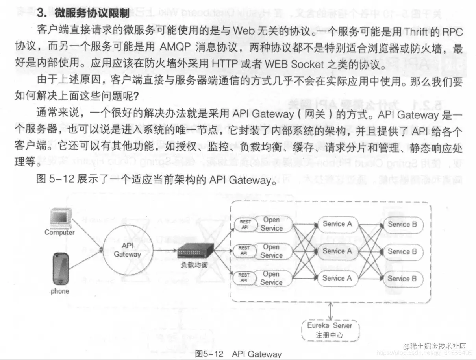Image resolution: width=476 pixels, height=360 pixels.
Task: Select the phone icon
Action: tap(60, 269)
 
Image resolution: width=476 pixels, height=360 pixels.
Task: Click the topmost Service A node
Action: tap(337, 224)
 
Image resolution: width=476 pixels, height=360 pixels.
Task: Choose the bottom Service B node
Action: tap(402, 279)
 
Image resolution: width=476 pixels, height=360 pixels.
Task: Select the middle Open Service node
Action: tap(271, 251)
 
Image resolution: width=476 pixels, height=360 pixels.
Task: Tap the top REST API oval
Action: tap(245, 224)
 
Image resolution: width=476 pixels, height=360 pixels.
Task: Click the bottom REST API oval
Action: tap(244, 278)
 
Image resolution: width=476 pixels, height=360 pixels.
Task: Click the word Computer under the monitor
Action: tap(59, 233)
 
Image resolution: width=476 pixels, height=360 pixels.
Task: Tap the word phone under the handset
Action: tap(60, 291)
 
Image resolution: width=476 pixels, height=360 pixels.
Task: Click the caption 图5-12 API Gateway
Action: tap(239, 354)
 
